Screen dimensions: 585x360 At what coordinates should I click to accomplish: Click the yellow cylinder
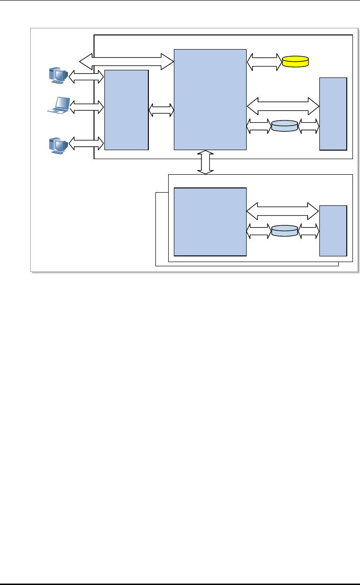pyautogui.click(x=295, y=61)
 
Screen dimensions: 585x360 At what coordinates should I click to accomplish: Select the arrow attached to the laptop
pyautogui.click(x=86, y=108)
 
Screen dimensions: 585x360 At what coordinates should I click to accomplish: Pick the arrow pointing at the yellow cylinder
pyautogui.click(x=264, y=61)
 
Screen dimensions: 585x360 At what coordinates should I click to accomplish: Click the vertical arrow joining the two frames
pyautogui.click(x=206, y=162)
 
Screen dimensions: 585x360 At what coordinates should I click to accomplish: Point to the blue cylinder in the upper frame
pyautogui.click(x=284, y=126)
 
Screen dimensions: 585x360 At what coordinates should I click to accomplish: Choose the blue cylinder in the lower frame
pyautogui.click(x=284, y=231)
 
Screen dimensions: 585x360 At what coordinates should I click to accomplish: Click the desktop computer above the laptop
pyautogui.click(x=58, y=76)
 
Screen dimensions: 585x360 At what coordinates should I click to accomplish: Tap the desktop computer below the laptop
pyautogui.click(x=58, y=145)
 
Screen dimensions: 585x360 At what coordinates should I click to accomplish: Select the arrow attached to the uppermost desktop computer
pyautogui.click(x=86, y=76)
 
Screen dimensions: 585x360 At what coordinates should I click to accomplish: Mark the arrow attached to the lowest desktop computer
pyautogui.click(x=86, y=142)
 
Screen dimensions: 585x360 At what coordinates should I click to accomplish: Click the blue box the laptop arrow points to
pyautogui.click(x=126, y=110)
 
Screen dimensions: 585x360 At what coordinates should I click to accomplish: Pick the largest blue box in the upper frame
pyautogui.click(x=210, y=99)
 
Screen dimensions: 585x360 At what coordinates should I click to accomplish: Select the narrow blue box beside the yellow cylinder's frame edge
pyautogui.click(x=333, y=113)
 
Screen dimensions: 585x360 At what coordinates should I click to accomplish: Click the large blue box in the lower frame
pyautogui.click(x=210, y=221)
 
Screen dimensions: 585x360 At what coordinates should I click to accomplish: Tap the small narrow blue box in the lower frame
pyautogui.click(x=333, y=230)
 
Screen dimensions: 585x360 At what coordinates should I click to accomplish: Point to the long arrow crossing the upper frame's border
pyautogui.click(x=127, y=60)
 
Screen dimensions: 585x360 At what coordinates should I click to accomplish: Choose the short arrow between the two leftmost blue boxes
pyautogui.click(x=161, y=110)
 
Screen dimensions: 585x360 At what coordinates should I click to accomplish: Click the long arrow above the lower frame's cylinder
pyautogui.click(x=283, y=211)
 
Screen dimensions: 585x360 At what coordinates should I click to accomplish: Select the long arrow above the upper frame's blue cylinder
pyautogui.click(x=283, y=106)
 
